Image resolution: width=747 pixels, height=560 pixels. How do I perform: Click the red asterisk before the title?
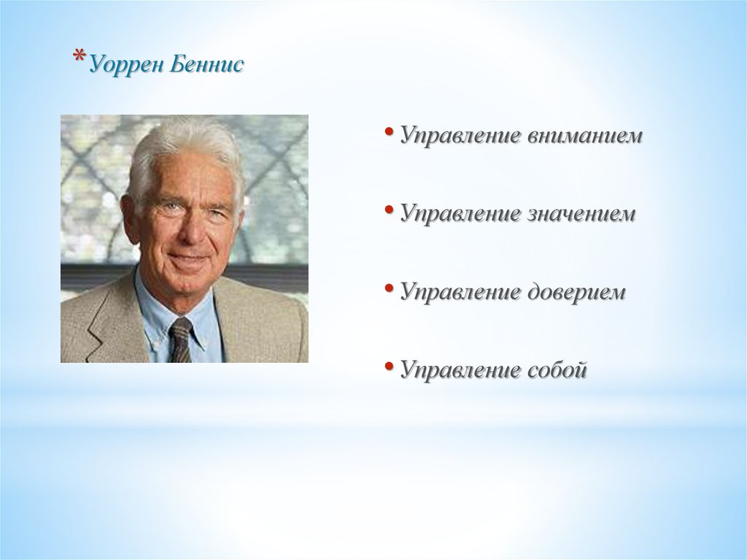pos(80,57)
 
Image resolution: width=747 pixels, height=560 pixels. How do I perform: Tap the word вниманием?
pos(585,136)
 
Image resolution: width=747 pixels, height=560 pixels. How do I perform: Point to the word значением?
pos(581,213)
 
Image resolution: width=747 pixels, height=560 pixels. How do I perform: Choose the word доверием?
pos(576,292)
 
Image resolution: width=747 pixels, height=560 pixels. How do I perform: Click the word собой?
pos(557,369)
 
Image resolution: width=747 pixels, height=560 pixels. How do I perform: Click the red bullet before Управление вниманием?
pos(390,131)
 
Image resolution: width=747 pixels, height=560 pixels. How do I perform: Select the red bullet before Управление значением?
pos(390,209)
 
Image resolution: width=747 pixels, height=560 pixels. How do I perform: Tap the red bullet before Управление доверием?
pos(390,288)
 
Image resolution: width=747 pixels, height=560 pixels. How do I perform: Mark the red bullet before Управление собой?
pos(390,366)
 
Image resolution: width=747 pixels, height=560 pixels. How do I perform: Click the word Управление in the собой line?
pos(460,371)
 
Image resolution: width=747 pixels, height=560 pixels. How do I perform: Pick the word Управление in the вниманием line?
pos(460,136)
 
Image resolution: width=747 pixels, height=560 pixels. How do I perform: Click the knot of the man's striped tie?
pos(182,328)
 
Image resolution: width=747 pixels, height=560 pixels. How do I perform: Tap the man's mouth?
pos(189,258)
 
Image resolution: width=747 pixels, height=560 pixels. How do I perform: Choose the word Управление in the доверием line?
pos(460,292)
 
